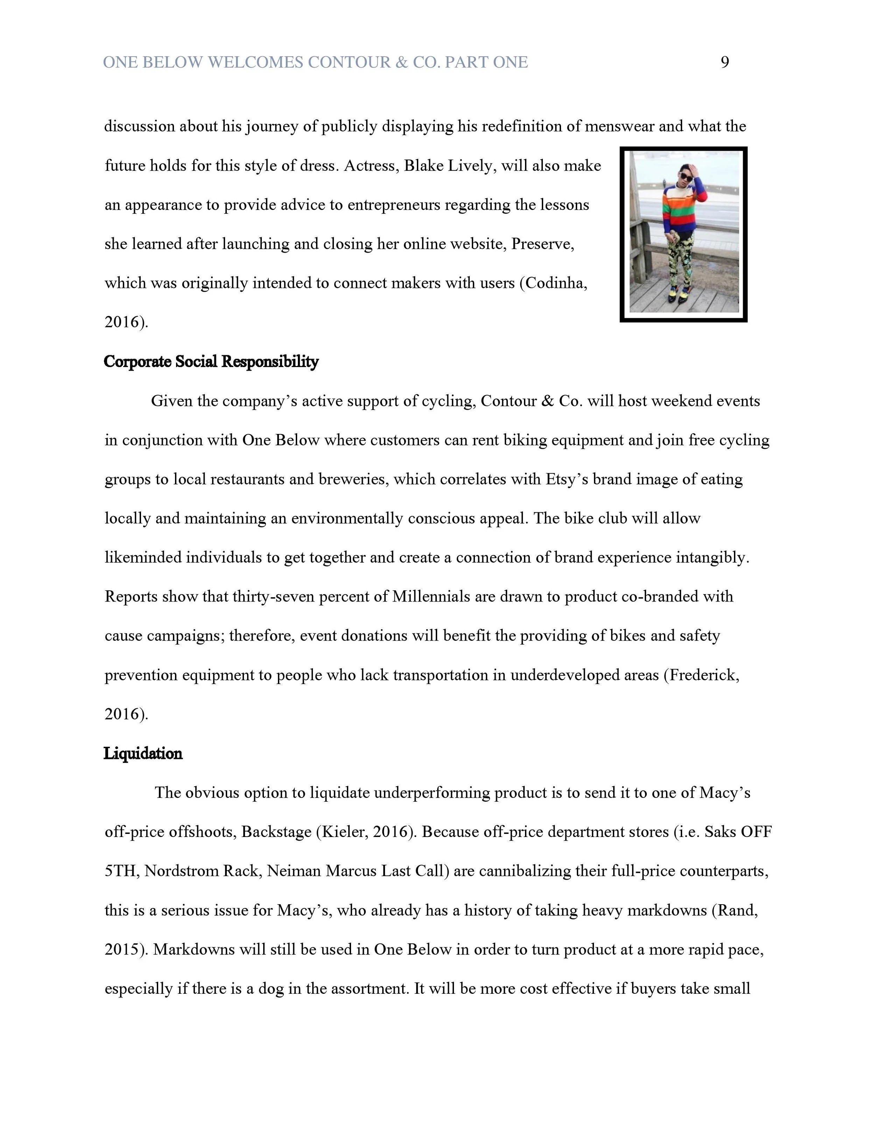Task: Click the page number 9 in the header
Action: (x=724, y=63)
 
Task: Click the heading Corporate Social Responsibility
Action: (x=211, y=362)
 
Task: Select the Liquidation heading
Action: (x=143, y=754)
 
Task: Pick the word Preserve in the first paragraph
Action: (x=542, y=244)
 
